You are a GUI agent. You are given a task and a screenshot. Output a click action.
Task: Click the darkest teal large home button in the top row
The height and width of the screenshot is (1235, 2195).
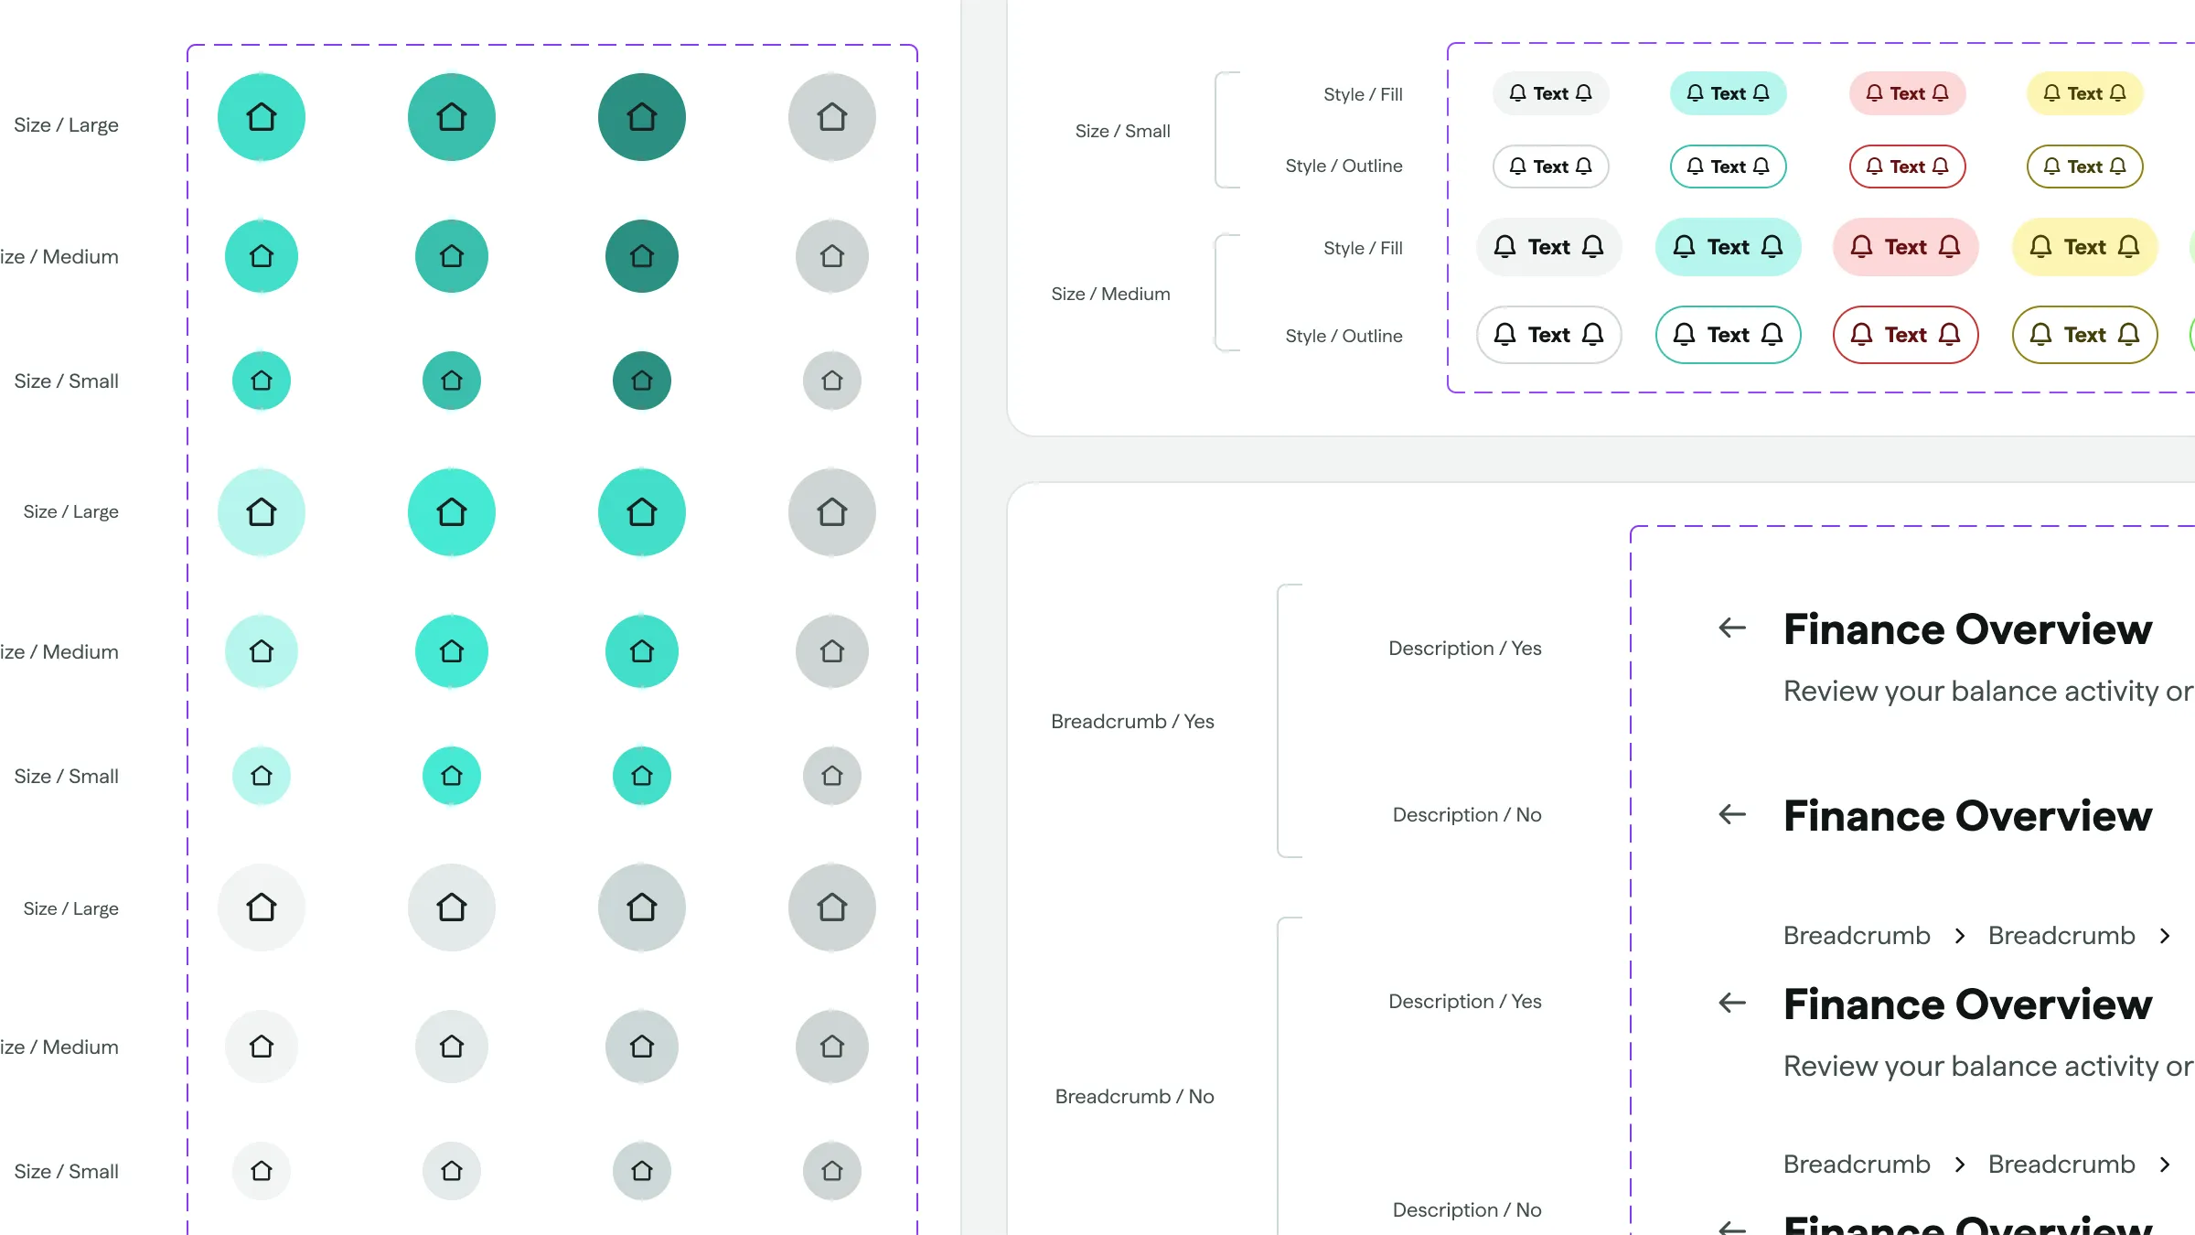tap(641, 117)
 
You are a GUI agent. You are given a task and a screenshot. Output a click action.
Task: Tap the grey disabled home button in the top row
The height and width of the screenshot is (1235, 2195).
tap(831, 117)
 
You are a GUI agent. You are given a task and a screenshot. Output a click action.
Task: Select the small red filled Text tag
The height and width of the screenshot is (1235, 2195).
tap(1907, 93)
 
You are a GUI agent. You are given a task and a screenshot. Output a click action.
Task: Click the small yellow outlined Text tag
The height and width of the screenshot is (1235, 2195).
tap(2084, 166)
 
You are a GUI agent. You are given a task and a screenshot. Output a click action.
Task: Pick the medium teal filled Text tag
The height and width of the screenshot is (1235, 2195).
tap(1728, 247)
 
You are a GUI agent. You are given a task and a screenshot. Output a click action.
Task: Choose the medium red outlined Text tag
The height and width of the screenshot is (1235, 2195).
tap(1905, 335)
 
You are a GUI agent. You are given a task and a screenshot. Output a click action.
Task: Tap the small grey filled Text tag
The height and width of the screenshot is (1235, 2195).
tap(1550, 93)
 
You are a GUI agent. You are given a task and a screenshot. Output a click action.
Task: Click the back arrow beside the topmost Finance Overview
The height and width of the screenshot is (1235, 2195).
tap(1732, 628)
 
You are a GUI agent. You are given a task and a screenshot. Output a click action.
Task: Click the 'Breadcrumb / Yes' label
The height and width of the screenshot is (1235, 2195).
tap(1132, 721)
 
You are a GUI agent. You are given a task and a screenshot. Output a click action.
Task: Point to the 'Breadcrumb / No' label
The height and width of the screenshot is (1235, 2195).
tap(1134, 1096)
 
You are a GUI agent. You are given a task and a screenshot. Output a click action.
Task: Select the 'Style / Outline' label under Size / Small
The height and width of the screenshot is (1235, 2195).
tap(1344, 166)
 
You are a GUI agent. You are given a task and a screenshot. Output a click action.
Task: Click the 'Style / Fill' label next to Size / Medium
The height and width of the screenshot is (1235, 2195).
tap(1363, 248)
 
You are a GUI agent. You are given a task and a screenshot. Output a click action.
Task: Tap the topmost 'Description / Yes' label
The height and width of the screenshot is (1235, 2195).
tap(1464, 648)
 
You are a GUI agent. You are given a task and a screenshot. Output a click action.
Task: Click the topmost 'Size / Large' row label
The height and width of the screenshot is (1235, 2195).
tap(66, 124)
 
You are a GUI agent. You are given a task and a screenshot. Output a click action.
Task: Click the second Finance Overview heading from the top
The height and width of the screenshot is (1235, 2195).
tap(1967, 816)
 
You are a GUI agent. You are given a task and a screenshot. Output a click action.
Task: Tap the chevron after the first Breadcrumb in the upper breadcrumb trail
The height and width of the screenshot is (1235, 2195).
tap(1960, 936)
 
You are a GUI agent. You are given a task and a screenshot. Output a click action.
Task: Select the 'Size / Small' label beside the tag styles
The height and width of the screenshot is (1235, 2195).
tap(1122, 131)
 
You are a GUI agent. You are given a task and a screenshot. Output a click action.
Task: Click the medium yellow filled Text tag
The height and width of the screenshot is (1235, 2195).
tap(2084, 247)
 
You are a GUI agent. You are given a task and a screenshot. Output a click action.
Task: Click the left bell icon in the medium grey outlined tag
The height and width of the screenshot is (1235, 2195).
tap(1504, 335)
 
